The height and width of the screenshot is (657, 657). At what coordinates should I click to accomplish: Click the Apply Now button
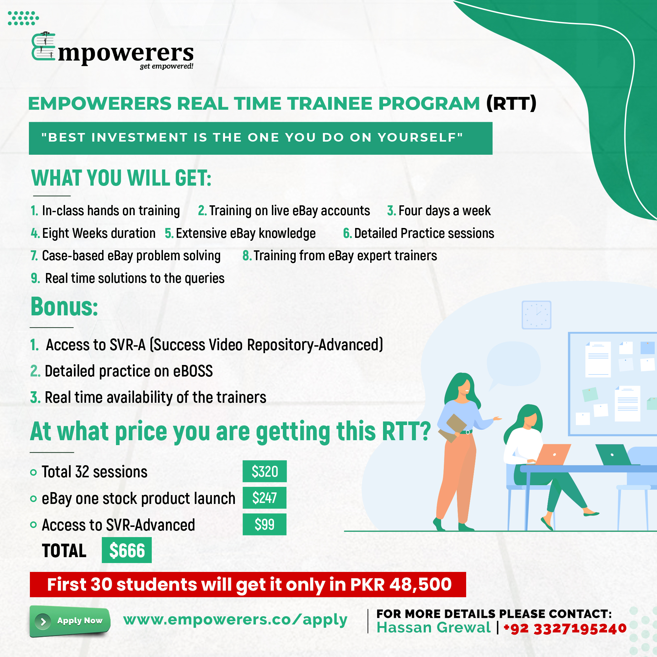70,621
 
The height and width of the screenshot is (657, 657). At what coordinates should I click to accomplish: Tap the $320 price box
264,471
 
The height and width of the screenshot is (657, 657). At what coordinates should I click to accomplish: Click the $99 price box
264,524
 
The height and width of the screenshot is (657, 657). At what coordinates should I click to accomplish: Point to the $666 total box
127,550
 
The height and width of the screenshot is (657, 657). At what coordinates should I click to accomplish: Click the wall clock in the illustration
536,315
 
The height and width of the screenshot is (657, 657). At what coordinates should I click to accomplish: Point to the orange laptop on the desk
553,454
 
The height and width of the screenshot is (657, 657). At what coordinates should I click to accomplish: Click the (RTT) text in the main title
511,103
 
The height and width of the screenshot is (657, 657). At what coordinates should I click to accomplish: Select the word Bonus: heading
64,307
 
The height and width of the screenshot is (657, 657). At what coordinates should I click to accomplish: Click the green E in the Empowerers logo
43,47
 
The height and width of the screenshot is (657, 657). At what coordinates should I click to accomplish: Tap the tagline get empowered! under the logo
167,66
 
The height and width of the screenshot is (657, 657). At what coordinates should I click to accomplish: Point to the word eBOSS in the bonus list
193,371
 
